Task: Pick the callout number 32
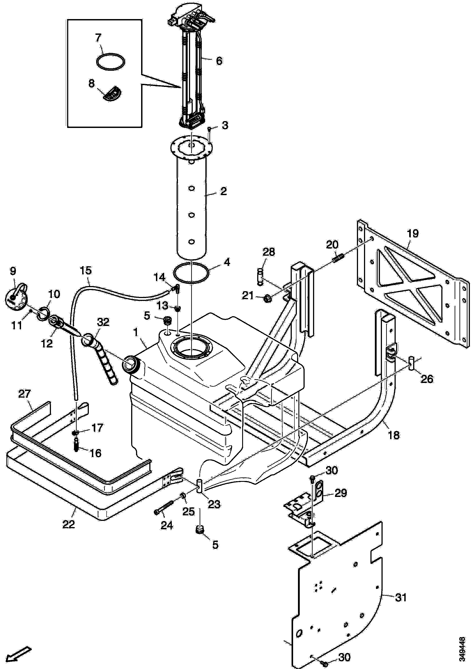pos(103,322)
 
